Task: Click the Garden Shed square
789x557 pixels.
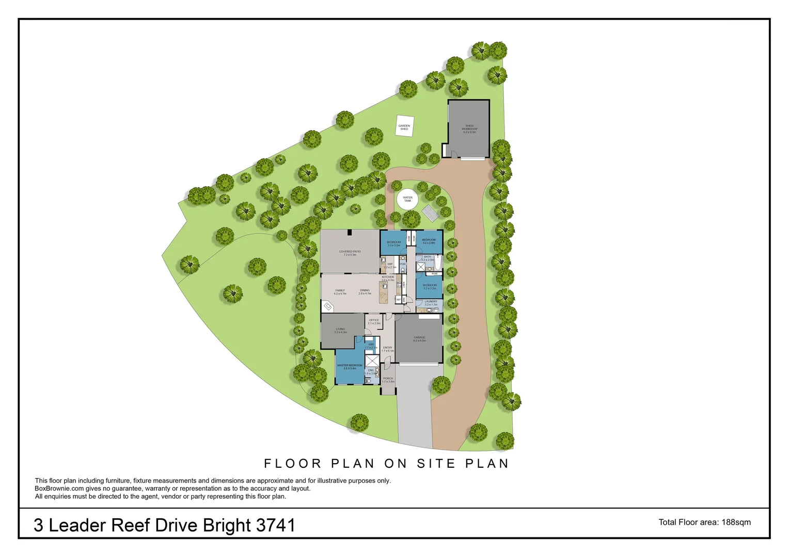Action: (404, 127)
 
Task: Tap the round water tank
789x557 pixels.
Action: (408, 199)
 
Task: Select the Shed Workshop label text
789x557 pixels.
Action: (469, 129)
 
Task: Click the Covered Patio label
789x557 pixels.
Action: (350, 253)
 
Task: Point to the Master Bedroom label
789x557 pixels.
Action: (350, 367)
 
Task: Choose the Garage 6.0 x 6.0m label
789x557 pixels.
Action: (419, 339)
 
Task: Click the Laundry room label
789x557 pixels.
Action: (431, 303)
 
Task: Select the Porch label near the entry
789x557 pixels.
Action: (388, 380)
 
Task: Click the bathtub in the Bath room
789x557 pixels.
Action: (438, 264)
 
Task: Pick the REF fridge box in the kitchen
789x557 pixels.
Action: (399, 299)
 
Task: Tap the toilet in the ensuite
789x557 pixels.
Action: (368, 381)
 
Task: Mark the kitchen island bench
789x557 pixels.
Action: (384, 293)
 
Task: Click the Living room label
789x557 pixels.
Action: (340, 331)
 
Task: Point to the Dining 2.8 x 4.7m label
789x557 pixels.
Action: (365, 292)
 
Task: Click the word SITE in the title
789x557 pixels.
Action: (437, 464)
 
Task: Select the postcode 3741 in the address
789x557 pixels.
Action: (276, 526)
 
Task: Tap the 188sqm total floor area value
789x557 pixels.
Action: (736, 522)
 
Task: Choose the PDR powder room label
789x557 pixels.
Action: (403, 264)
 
